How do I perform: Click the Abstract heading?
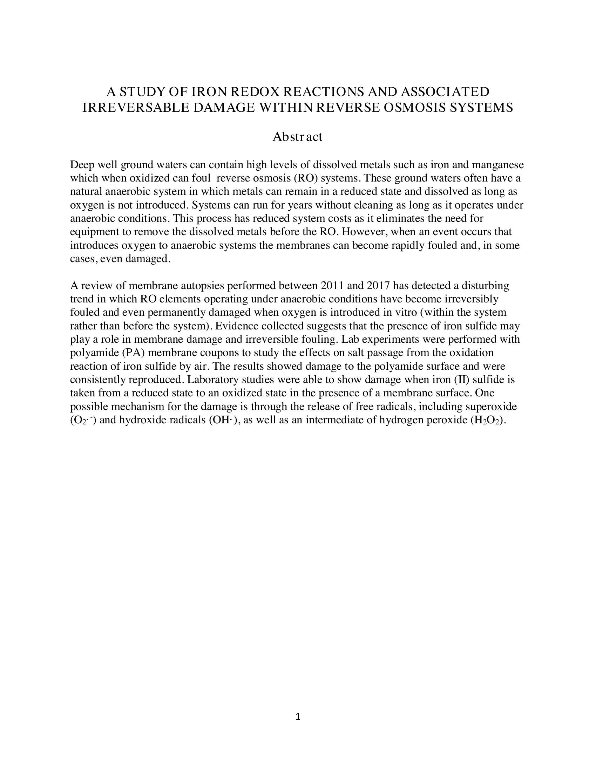pyautogui.click(x=297, y=137)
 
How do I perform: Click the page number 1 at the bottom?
pyautogui.click(x=298, y=717)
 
